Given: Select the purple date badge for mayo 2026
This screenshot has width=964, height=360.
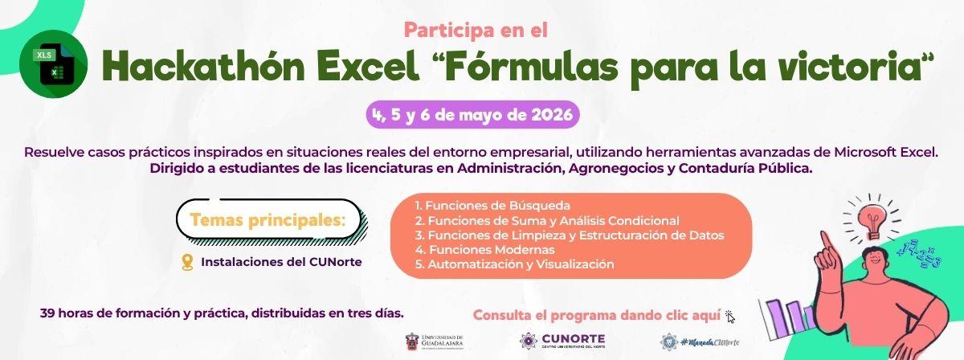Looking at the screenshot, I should click(x=472, y=115).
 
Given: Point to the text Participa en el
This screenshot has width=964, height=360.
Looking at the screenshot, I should click(x=476, y=31).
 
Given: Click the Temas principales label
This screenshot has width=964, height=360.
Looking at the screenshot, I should click(x=268, y=220).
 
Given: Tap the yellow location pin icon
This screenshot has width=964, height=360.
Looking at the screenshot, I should click(x=188, y=262).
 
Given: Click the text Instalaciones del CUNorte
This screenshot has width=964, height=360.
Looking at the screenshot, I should click(x=281, y=262).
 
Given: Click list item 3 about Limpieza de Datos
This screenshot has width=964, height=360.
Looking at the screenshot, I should click(x=570, y=235).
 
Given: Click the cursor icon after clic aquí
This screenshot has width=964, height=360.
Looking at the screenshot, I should click(x=729, y=316).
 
